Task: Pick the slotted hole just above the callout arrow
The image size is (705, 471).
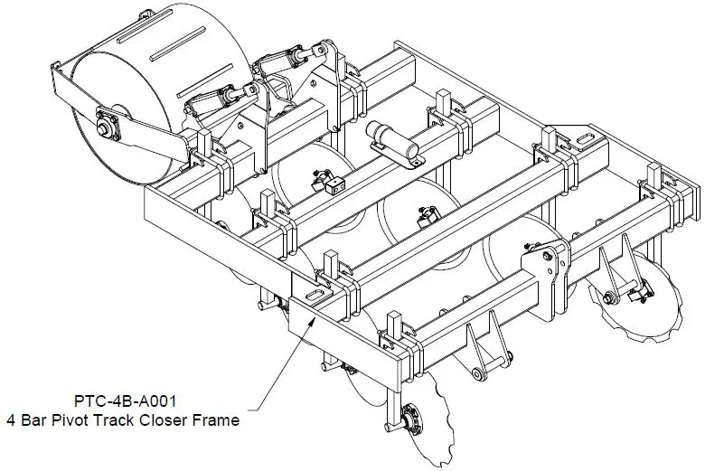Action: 314,297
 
